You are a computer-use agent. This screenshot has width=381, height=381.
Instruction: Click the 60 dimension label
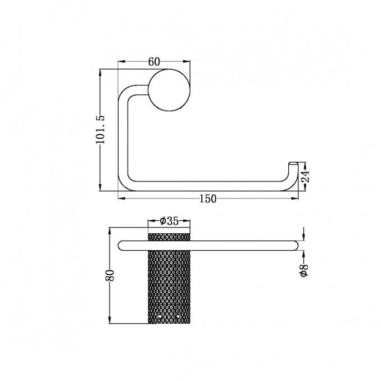point(154,62)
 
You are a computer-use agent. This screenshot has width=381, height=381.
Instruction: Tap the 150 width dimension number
point(207,198)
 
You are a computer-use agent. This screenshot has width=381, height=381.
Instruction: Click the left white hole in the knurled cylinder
point(160,317)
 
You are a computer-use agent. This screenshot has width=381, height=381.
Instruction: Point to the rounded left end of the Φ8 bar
point(121,244)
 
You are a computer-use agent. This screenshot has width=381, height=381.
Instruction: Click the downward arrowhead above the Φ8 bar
point(303,236)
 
